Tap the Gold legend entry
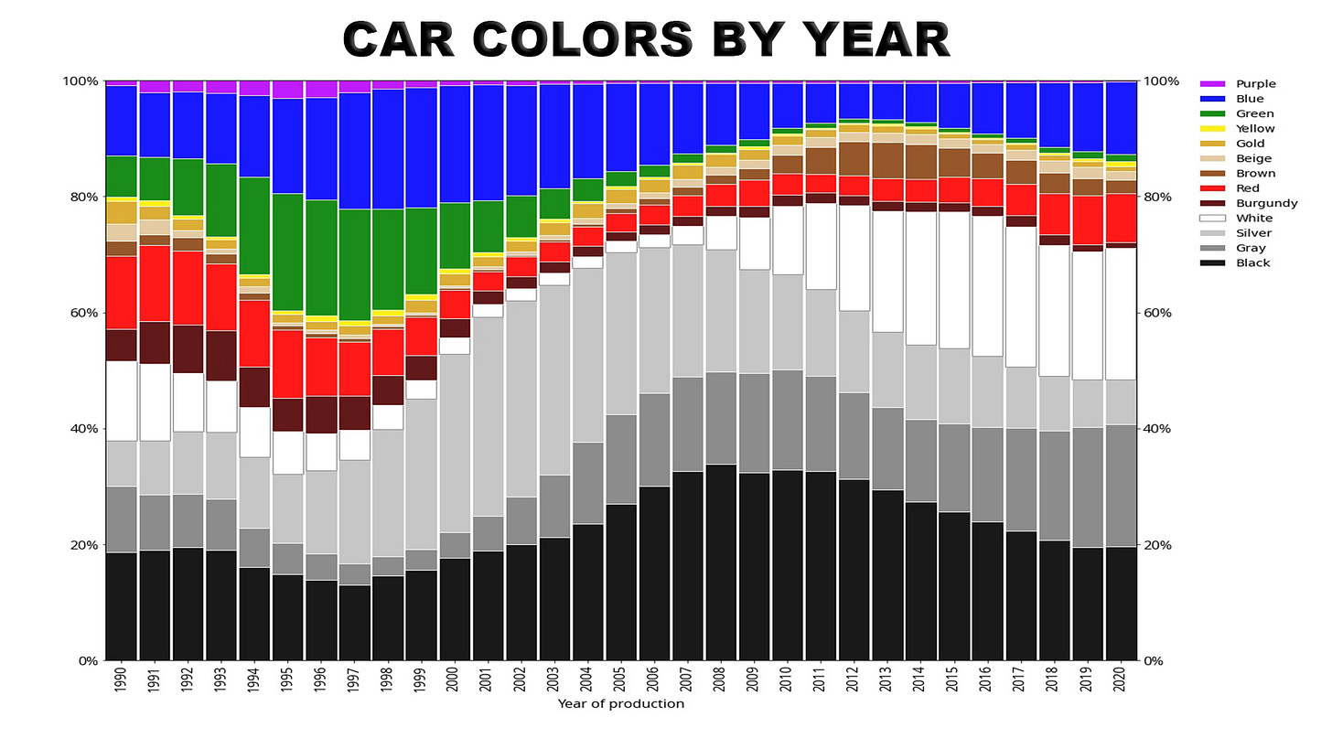pyautogui.click(x=1223, y=144)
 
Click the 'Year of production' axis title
pyautogui.click(x=621, y=704)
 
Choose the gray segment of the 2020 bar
pyautogui.click(x=1121, y=486)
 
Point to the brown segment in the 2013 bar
pyautogui.click(x=887, y=161)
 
